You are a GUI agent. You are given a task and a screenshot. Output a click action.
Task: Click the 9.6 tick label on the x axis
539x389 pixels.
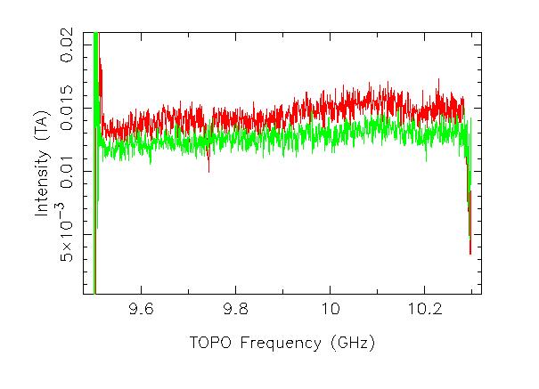[141, 311]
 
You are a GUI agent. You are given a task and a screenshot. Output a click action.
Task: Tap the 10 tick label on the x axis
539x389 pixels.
[330, 311]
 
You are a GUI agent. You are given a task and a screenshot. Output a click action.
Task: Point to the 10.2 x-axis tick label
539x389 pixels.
[424, 311]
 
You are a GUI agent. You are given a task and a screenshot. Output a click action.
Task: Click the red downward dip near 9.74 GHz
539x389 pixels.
[208, 167]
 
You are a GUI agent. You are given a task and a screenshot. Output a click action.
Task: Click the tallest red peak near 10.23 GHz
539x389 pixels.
[438, 81]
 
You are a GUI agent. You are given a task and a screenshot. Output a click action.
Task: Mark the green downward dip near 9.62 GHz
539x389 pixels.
[150, 162]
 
